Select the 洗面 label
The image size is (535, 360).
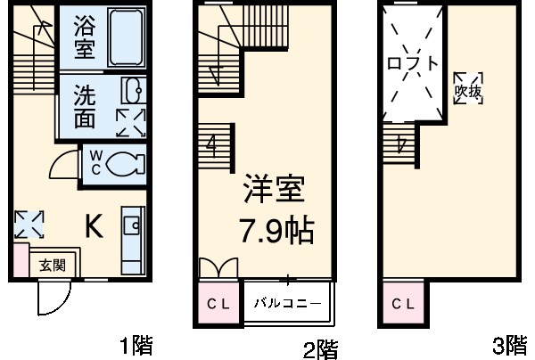point(84,106)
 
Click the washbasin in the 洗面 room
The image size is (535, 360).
point(131,91)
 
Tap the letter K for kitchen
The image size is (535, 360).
point(93,227)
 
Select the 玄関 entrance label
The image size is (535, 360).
point(50,265)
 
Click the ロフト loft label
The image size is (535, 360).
point(413,65)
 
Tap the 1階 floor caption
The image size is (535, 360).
point(136,345)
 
